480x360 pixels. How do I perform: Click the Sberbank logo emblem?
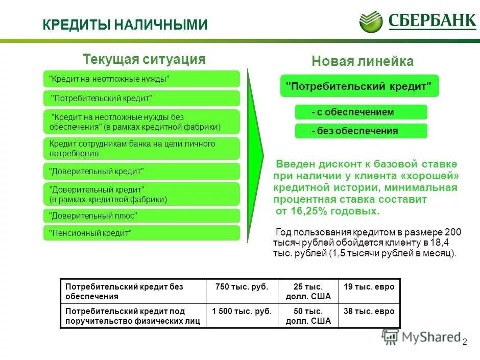(371, 21)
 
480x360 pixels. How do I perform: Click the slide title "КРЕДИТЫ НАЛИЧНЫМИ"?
(125, 25)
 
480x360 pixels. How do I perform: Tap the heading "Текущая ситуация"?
(144, 59)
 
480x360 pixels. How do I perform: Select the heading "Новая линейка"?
(363, 62)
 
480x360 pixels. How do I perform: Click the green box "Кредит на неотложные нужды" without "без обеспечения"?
(141, 79)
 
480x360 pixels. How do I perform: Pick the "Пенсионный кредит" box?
(141, 233)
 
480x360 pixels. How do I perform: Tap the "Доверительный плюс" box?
(141, 215)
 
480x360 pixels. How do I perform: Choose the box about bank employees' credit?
(141, 149)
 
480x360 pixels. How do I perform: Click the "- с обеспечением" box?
(361, 112)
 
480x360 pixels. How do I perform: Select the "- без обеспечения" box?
(361, 131)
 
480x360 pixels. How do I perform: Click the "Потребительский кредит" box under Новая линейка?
(359, 86)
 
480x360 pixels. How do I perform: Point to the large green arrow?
(255, 153)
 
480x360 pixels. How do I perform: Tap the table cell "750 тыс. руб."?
(242, 287)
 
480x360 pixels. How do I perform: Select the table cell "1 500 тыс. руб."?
(242, 311)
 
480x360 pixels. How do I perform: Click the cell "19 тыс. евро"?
(369, 287)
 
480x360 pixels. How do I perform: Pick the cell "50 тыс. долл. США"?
(308, 316)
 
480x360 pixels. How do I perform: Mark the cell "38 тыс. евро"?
(369, 311)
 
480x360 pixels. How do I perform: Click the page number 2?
(465, 342)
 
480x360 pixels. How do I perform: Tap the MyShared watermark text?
(431, 337)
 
